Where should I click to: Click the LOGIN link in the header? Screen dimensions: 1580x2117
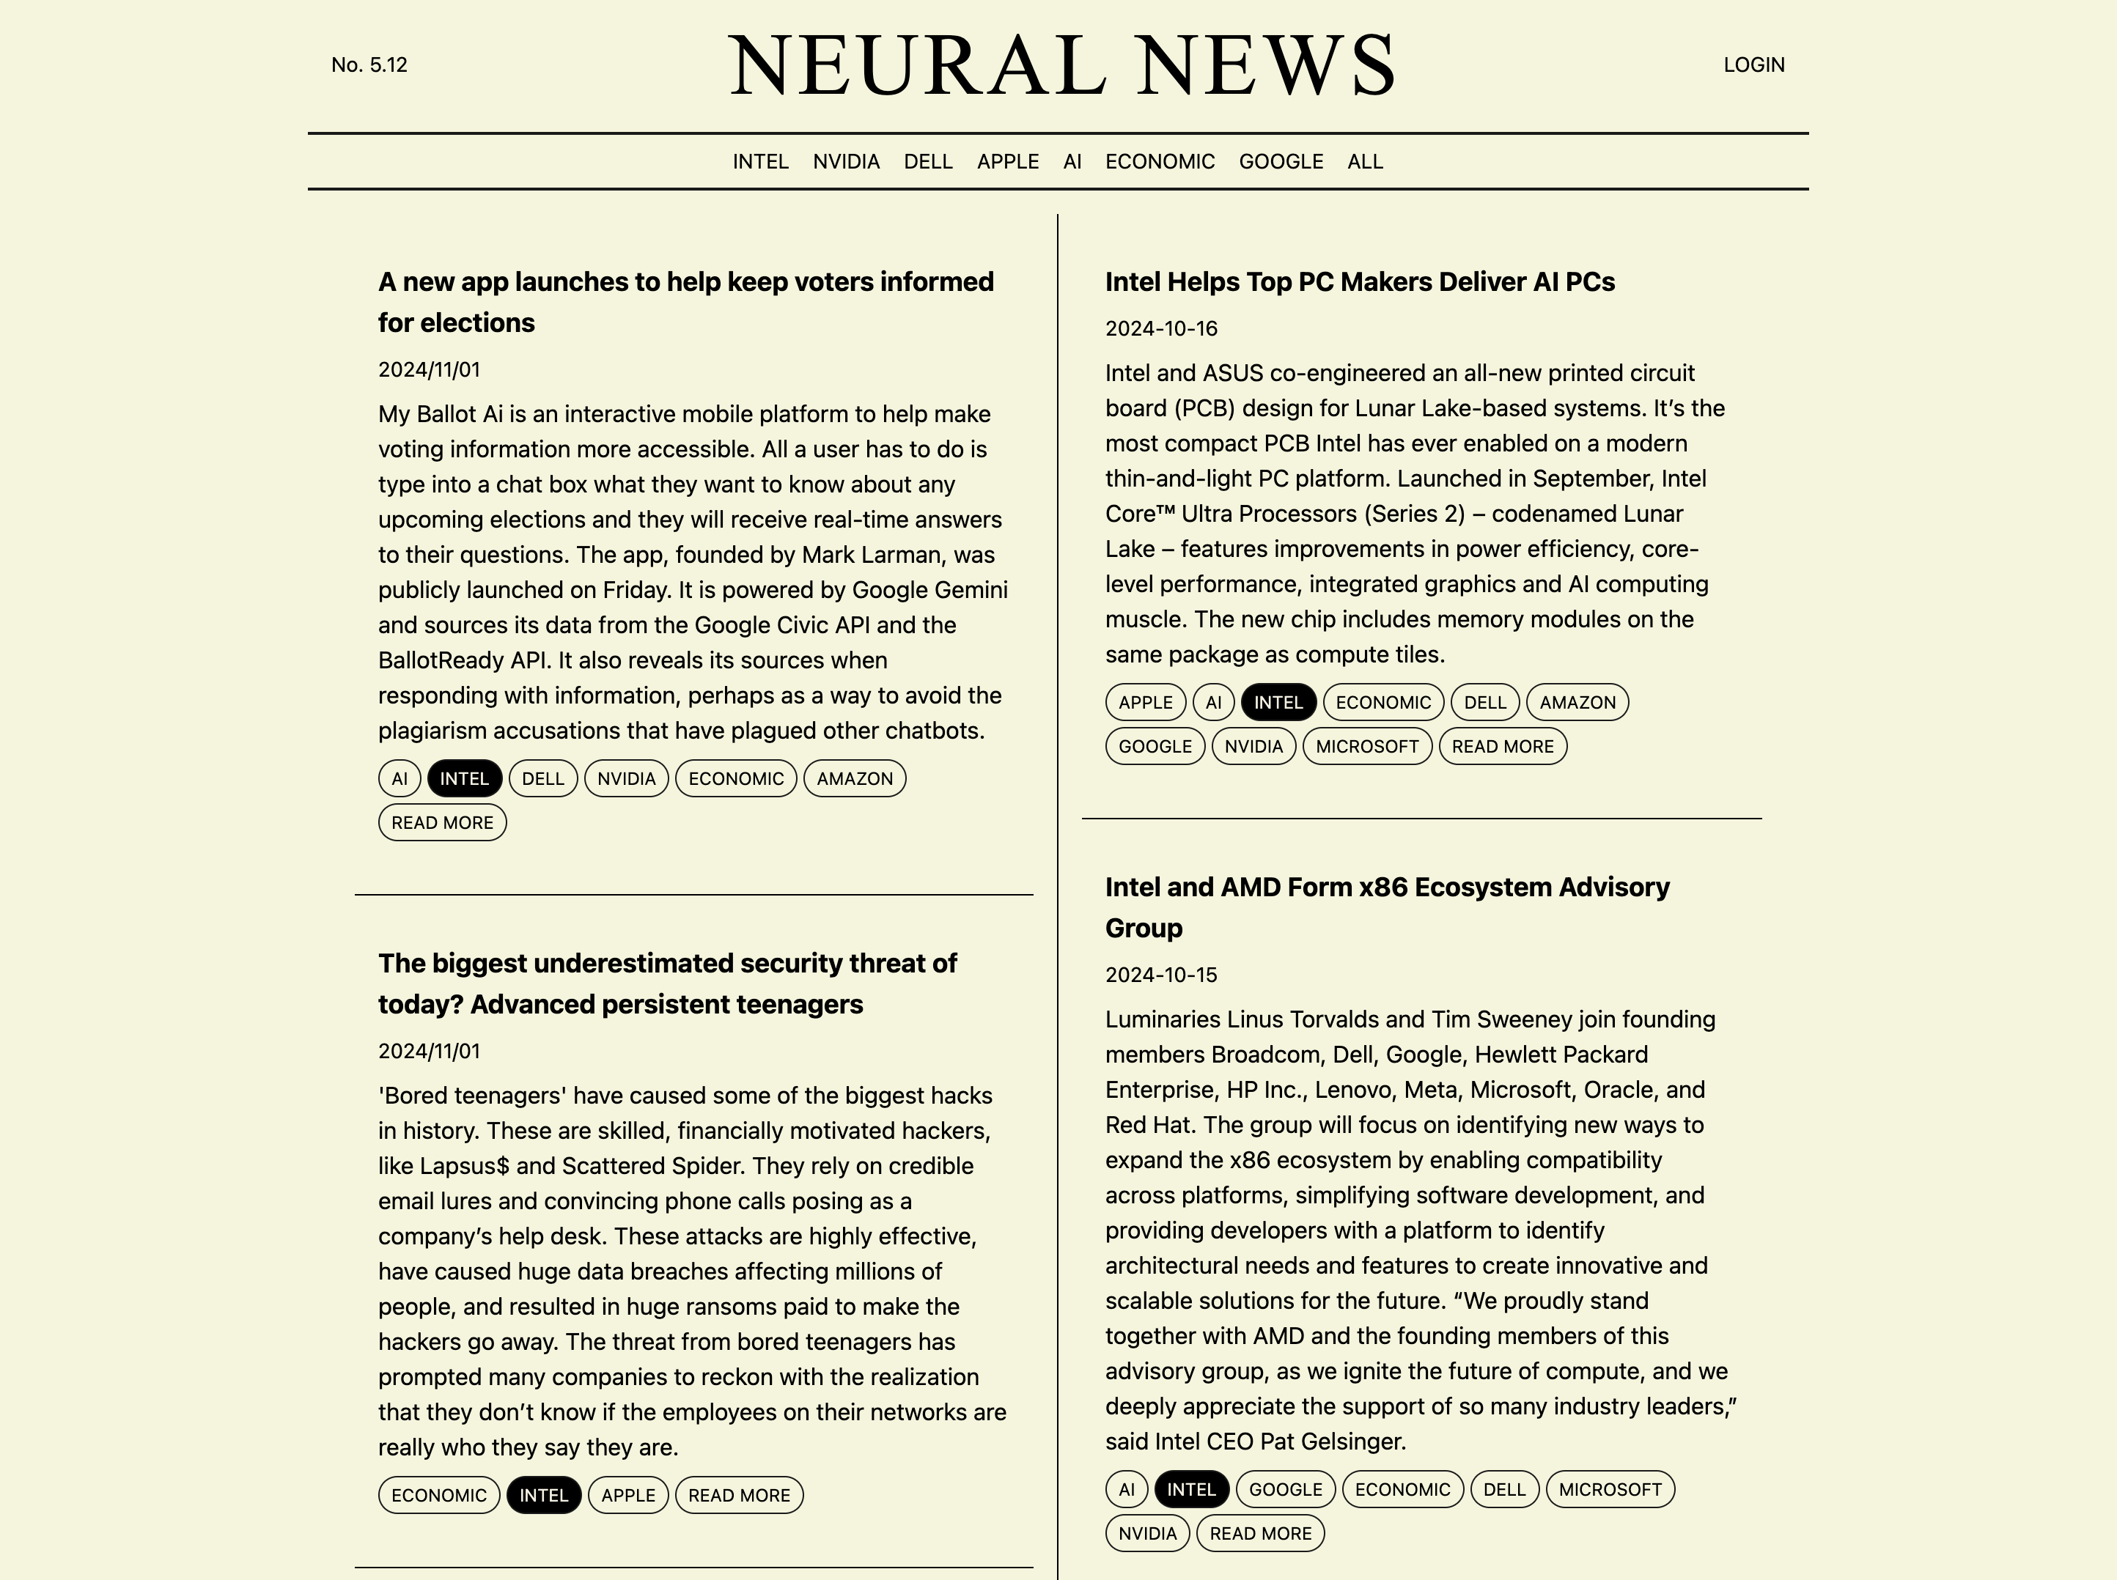click(x=1753, y=65)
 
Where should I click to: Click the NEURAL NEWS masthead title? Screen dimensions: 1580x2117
click(x=1062, y=65)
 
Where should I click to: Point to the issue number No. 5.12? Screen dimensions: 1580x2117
click(x=369, y=65)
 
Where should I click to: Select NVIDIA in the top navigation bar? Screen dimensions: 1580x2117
click(x=846, y=162)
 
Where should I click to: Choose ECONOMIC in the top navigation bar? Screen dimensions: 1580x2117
click(x=1160, y=162)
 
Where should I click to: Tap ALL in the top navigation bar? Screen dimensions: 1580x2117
click(x=1364, y=162)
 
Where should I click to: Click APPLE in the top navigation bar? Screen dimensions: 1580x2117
click(x=1007, y=162)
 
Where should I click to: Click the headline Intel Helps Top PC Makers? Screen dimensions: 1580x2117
click(x=1359, y=282)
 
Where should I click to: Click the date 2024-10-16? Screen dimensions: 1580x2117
click(x=1160, y=329)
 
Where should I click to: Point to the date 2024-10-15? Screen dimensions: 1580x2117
click(x=1160, y=975)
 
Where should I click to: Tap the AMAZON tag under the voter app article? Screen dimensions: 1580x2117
click(x=854, y=778)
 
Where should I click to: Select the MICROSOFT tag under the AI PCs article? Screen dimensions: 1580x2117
click(x=1366, y=746)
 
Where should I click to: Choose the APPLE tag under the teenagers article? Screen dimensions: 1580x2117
click(x=627, y=1495)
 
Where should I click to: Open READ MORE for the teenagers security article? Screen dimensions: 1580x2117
click(x=738, y=1495)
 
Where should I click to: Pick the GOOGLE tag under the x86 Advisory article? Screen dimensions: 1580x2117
click(x=1285, y=1489)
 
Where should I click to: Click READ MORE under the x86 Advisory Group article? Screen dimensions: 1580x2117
click(x=1260, y=1533)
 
